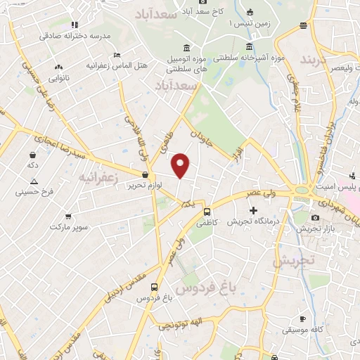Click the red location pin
[x=181, y=165]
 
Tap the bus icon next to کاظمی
[x=207, y=211]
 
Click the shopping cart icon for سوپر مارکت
[x=68, y=217]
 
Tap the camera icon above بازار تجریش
[x=315, y=217]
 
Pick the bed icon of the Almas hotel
[x=117, y=55]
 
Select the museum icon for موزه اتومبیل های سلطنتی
[x=186, y=47]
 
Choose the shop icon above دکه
[x=32, y=154]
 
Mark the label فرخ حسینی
[x=39, y=191]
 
